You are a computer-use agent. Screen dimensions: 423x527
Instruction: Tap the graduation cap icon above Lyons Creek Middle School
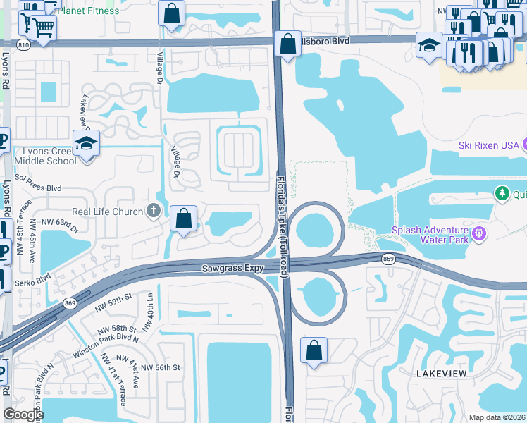click(x=87, y=143)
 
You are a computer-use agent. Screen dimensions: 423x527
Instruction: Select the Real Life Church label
click(x=107, y=211)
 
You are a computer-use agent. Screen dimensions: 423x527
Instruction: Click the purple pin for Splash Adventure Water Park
click(x=480, y=232)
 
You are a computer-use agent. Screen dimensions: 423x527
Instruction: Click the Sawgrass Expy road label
click(x=232, y=269)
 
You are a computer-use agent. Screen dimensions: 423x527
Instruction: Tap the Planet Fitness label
click(x=88, y=11)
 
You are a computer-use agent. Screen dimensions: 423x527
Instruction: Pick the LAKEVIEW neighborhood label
click(x=442, y=372)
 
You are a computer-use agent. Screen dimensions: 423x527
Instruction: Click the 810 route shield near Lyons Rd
click(x=25, y=44)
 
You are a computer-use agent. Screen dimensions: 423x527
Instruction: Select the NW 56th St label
click(x=161, y=367)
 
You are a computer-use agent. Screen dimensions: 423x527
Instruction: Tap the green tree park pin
click(x=502, y=193)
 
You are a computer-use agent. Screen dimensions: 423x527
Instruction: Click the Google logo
click(x=23, y=415)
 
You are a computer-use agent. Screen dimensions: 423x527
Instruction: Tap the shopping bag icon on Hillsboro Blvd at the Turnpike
click(x=287, y=44)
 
